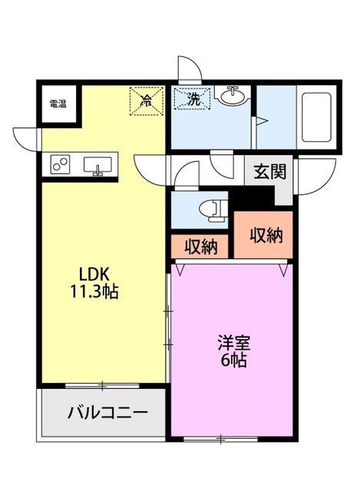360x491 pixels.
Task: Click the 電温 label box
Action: click(57, 104)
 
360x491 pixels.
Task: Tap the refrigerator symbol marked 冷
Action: click(145, 101)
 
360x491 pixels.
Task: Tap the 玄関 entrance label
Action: click(269, 171)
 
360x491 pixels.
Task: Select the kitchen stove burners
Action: click(60, 164)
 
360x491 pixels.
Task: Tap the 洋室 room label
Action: click(232, 343)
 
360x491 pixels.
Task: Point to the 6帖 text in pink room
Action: click(232, 361)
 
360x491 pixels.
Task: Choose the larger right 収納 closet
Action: click(265, 235)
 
